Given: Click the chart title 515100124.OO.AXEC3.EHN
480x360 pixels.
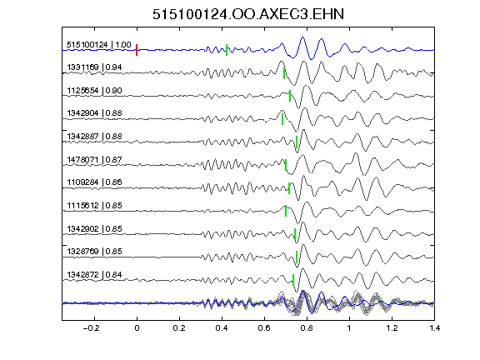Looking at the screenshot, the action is tap(248, 14).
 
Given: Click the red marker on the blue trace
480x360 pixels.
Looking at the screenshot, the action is tap(137, 50).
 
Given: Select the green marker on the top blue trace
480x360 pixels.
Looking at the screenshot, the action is tap(227, 50).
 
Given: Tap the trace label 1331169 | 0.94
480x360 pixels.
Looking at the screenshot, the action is tap(94, 67).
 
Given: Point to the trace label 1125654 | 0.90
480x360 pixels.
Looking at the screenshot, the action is tap(94, 91).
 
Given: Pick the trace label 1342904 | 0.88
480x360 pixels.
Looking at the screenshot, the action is tap(94, 113).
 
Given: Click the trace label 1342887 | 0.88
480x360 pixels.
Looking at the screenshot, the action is tap(94, 137).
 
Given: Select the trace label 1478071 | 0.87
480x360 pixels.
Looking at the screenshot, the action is tap(94, 160).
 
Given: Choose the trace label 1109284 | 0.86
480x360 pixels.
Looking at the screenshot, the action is tap(94, 182).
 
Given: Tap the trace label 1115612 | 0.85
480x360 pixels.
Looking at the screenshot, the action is tap(94, 205).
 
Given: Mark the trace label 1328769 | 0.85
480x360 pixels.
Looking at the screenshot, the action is tap(94, 252).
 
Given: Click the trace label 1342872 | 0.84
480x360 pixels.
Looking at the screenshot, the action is tap(94, 275).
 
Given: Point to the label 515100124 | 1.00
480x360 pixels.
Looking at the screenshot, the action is tap(99, 45).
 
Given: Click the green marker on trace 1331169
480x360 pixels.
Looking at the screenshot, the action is tap(284, 73).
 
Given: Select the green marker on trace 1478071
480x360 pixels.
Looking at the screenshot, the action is tap(286, 165).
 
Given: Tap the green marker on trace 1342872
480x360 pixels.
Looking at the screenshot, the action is tap(293, 280).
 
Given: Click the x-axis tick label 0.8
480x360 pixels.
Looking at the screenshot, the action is tap(307, 328).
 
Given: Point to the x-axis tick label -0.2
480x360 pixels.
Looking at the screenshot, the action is tap(91, 328).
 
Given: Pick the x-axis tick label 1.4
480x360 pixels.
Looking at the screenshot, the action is tap(434, 328).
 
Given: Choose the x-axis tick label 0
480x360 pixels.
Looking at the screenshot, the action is tap(137, 328).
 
